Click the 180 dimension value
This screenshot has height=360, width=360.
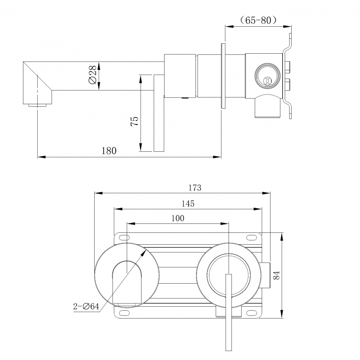[109, 150]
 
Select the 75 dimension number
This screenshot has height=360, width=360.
[134, 121]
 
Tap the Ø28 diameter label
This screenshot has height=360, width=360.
[92, 75]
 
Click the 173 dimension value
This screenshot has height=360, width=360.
[195, 187]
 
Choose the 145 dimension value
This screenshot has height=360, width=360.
[188, 204]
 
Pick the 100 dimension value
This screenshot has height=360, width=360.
[177, 218]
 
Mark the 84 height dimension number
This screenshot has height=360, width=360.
[276, 275]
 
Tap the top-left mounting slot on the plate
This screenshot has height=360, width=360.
[124, 237]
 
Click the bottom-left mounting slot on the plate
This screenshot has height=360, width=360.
[124, 312]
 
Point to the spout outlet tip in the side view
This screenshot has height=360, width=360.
[37, 105]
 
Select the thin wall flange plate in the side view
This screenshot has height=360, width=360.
[223, 76]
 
